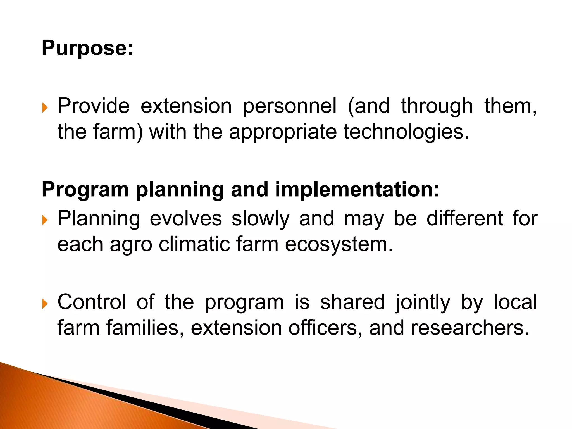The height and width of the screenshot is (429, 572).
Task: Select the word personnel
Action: click(x=290, y=107)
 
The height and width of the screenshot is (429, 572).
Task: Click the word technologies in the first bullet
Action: click(x=406, y=132)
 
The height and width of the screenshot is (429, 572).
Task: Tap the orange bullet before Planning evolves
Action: click(x=45, y=220)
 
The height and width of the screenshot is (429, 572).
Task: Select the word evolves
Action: click(x=186, y=219)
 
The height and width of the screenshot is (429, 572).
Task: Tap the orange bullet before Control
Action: click(x=45, y=304)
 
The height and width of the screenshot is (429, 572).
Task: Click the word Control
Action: click(x=92, y=302)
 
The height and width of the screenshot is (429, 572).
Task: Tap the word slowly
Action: click(x=260, y=219)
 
